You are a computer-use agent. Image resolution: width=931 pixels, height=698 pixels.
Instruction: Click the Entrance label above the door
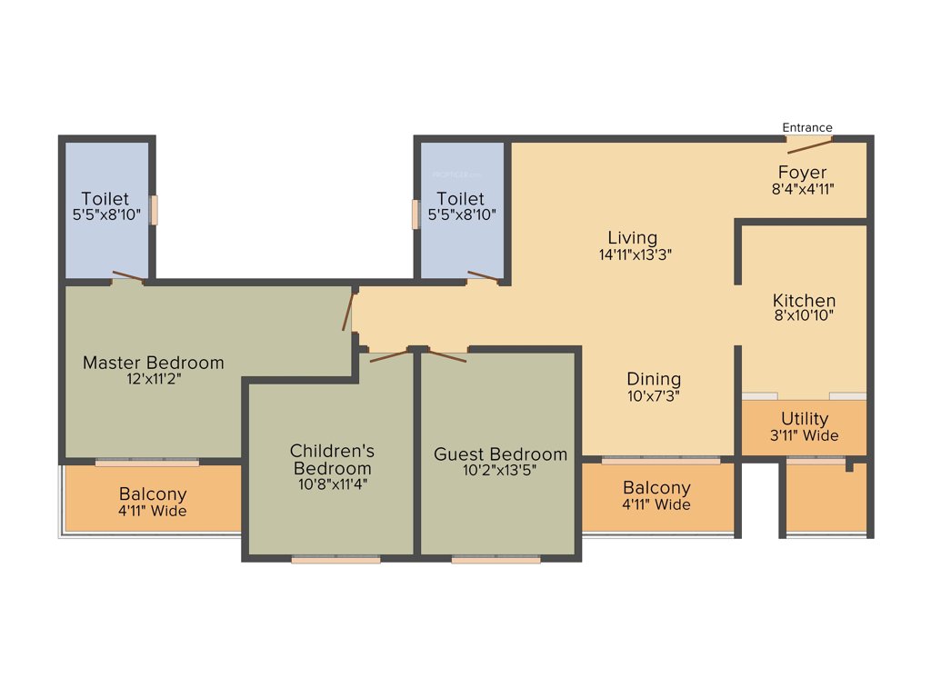[x=807, y=127]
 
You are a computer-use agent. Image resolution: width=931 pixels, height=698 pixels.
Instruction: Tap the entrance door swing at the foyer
[x=809, y=145]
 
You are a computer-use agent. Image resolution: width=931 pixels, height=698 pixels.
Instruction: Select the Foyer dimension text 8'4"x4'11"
[x=802, y=189]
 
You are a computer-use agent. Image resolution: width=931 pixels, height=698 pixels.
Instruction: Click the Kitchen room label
[x=804, y=300]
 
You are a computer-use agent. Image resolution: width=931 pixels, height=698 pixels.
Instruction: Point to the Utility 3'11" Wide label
[x=805, y=426]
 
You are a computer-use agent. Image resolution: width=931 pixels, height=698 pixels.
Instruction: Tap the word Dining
[x=654, y=379]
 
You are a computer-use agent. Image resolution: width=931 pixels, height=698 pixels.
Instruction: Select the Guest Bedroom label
[x=500, y=454]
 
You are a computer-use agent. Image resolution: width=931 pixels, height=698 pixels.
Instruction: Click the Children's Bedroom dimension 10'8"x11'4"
[x=332, y=484]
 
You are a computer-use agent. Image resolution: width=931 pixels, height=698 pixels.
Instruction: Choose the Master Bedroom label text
[x=153, y=363]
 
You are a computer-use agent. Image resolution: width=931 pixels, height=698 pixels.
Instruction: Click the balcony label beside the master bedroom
[x=153, y=502]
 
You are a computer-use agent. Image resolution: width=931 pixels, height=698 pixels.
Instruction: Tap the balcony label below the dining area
[x=656, y=495]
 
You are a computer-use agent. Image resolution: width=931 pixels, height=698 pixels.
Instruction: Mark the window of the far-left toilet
[x=155, y=211]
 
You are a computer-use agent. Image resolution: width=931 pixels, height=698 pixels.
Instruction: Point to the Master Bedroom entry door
[x=347, y=312]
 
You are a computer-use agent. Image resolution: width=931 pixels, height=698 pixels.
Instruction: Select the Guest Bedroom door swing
[x=447, y=355]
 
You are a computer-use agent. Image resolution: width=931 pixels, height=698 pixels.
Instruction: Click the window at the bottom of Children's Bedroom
[x=335, y=559]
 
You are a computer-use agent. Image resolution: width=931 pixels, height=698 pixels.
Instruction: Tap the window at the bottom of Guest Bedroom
[x=496, y=559]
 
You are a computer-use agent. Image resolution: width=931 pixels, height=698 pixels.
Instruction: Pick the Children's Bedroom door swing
[x=389, y=355]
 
